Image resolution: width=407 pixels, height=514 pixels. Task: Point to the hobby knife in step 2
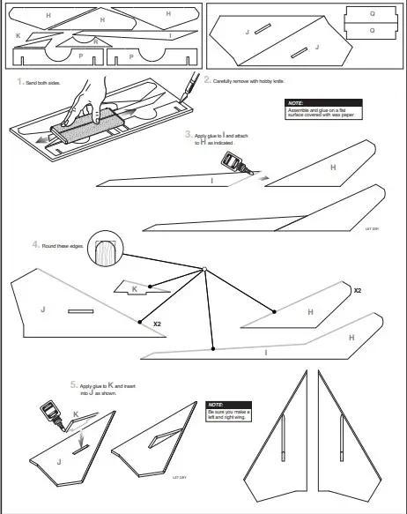(x=188, y=85)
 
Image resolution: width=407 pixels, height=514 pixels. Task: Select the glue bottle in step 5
(x=49, y=411)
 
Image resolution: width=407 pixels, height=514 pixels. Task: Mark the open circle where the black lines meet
(x=203, y=269)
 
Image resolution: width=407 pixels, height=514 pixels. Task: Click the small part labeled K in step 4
(x=134, y=289)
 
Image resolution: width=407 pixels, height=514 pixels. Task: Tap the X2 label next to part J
(x=157, y=324)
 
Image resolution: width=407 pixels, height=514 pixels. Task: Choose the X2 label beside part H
(x=357, y=290)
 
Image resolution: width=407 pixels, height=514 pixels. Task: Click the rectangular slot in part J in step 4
(x=81, y=311)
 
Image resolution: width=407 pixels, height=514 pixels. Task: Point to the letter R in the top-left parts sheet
(x=96, y=41)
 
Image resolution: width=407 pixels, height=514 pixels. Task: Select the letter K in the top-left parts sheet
(x=18, y=35)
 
